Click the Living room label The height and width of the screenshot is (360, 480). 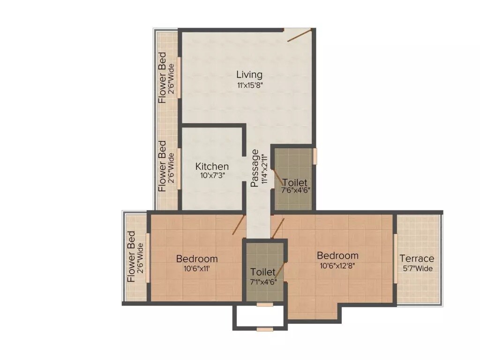[249, 75]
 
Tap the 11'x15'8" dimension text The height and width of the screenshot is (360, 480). [249, 85]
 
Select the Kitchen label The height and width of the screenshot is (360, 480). [212, 166]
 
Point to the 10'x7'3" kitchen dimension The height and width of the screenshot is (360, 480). [212, 177]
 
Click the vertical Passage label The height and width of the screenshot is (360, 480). [255, 168]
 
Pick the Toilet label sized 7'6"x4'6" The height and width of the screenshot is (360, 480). [295, 182]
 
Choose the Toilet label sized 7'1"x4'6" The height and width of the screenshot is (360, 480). [263, 272]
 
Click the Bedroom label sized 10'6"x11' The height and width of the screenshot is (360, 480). [197, 259]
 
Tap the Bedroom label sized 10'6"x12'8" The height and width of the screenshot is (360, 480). [337, 255]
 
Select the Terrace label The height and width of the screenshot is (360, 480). [416, 258]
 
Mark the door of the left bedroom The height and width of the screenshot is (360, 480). [239, 225]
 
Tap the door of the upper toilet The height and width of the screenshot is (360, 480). [277, 174]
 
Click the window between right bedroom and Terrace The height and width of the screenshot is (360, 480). [396, 258]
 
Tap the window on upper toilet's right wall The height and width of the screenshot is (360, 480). [315, 156]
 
